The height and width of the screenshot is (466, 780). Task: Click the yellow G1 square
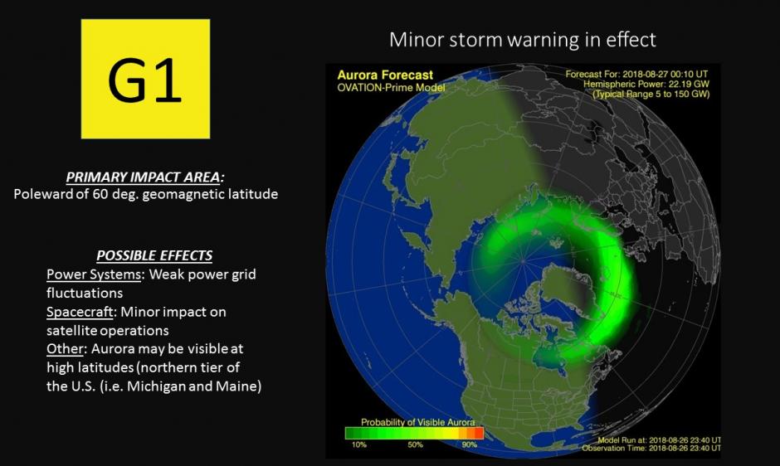(145, 79)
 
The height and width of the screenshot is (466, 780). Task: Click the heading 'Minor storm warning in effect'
(522, 39)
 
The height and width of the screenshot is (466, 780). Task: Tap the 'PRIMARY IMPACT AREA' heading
(144, 177)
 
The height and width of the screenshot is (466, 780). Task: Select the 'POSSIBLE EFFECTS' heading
(154, 255)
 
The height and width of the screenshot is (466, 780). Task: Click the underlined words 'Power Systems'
(94, 274)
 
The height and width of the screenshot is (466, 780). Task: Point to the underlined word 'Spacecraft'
(80, 312)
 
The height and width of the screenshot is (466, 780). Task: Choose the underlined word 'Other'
(65, 348)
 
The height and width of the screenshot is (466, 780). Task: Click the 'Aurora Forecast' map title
(385, 75)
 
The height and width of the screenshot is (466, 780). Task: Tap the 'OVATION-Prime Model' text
(391, 88)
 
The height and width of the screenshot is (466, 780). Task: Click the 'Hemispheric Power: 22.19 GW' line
(646, 84)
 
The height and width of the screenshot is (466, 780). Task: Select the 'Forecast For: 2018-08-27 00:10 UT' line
(636, 74)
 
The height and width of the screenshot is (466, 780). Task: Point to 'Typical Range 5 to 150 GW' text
(651, 94)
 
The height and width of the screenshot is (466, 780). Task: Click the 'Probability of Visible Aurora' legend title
(418, 422)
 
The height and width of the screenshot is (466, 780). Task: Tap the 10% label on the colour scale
(359, 444)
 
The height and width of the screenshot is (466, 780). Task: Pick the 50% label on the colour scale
(416, 444)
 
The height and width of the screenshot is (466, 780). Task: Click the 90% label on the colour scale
(470, 444)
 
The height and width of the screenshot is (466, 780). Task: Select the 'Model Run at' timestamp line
(659, 440)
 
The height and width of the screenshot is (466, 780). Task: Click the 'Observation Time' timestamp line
(651, 448)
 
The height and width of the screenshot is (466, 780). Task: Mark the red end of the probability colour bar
(479, 433)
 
